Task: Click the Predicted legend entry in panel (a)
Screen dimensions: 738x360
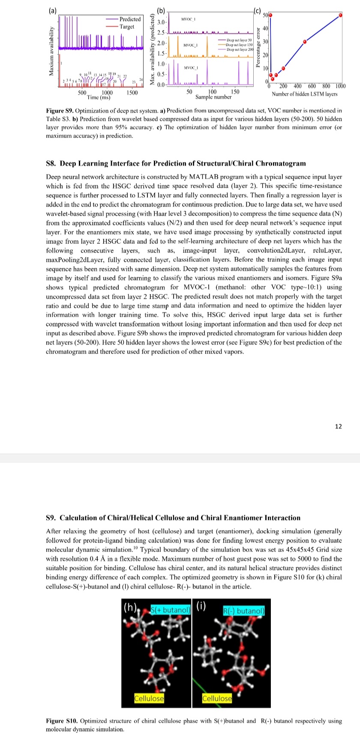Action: click(x=129, y=19)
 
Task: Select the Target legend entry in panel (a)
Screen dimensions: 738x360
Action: click(x=127, y=27)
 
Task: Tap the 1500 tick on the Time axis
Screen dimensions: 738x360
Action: click(x=132, y=93)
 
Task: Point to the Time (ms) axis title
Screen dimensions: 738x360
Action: click(x=99, y=98)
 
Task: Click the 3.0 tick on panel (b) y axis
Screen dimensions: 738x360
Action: click(x=161, y=22)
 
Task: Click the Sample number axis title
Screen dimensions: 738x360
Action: click(x=213, y=97)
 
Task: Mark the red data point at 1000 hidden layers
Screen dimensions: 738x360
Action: click(x=341, y=15)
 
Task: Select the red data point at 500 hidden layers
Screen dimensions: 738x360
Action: click(x=305, y=42)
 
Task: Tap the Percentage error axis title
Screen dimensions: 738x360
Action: click(x=258, y=48)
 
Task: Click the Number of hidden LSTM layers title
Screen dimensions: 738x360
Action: click(x=304, y=94)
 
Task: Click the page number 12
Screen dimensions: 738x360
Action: click(x=339, y=426)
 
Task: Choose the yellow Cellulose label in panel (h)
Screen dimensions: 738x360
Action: click(x=149, y=698)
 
